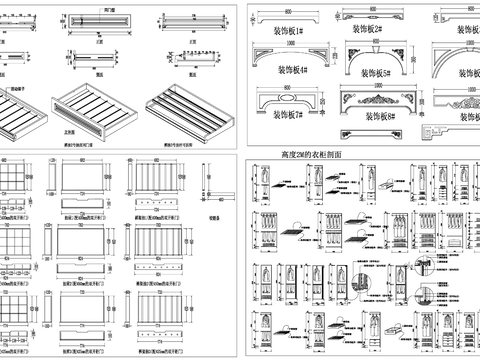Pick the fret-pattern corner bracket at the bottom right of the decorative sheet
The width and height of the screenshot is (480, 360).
[x=432, y=130]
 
